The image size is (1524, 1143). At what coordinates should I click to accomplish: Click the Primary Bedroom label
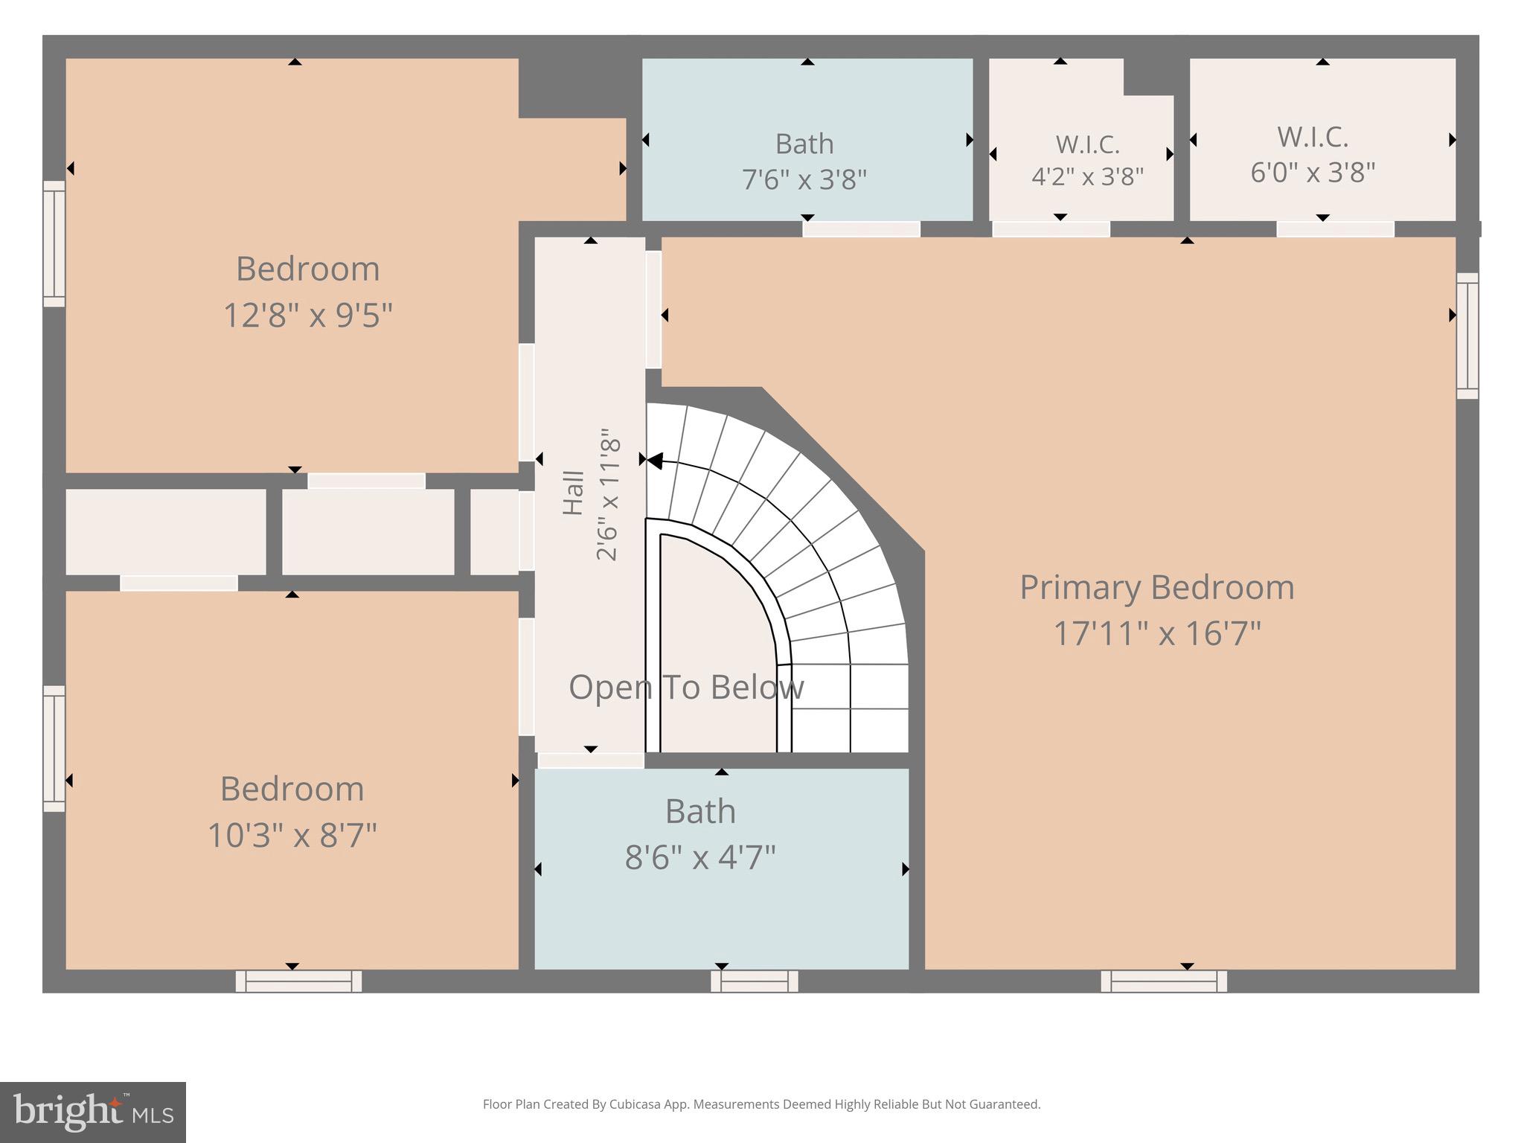[1156, 587]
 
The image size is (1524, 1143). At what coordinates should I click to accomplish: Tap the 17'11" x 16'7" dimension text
[1156, 634]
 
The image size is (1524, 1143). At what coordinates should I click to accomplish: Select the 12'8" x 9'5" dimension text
[307, 315]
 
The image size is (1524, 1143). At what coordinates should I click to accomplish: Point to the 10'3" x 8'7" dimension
[292, 835]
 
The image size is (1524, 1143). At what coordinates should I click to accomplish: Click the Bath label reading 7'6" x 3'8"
[804, 144]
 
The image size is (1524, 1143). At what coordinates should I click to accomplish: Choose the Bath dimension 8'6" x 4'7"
[700, 857]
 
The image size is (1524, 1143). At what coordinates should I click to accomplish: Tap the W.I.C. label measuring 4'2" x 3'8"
[1086, 144]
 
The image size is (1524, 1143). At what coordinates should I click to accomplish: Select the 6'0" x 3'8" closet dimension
[1313, 173]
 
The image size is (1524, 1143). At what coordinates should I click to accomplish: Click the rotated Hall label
[573, 493]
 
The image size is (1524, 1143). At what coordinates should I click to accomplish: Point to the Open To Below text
[686, 687]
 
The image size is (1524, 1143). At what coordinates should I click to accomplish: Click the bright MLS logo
[92, 1112]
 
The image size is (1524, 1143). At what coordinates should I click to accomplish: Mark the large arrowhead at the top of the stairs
[654, 461]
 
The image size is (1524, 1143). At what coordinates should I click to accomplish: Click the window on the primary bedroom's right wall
[1467, 336]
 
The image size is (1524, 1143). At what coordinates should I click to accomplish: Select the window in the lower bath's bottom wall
[754, 981]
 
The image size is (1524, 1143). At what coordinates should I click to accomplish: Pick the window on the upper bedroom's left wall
[54, 243]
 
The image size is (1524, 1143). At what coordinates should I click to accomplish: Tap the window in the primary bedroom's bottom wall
[1164, 981]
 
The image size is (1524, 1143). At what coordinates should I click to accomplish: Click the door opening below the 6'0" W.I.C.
[1335, 229]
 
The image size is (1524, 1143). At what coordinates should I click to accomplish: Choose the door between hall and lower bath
[590, 761]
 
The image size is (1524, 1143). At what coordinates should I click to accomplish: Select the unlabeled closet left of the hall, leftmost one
[165, 531]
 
